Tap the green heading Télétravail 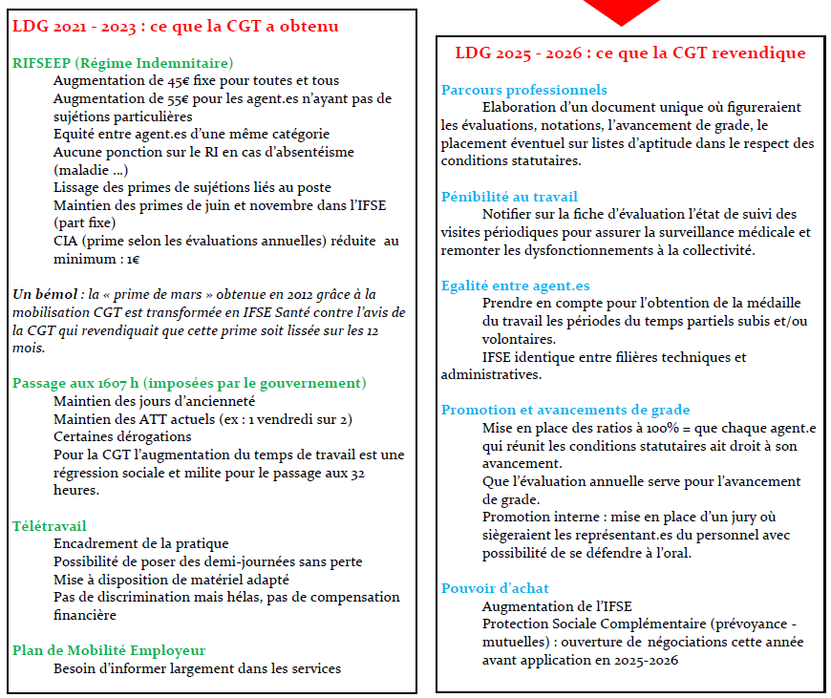pos(49,525)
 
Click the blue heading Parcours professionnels pos(524,90)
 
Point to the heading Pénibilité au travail pos(509,197)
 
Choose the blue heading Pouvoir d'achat pos(495,588)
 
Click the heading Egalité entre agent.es pos(515,286)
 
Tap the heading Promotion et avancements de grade pos(565,411)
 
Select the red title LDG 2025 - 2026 pos(629,53)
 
